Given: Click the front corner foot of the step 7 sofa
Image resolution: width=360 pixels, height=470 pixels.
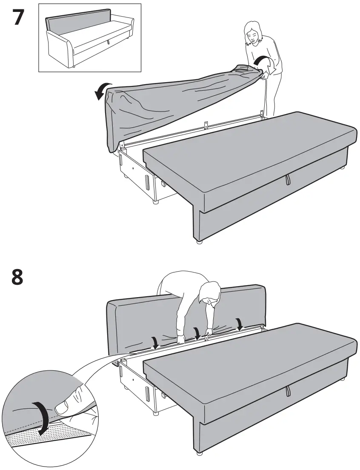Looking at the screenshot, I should coord(198,241).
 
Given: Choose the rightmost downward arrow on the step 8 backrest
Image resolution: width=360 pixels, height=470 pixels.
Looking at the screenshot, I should coord(240,324).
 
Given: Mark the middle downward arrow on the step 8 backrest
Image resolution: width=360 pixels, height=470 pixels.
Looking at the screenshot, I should coord(196,332).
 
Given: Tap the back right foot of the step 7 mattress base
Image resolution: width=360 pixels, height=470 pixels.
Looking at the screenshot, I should coord(342,169).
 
